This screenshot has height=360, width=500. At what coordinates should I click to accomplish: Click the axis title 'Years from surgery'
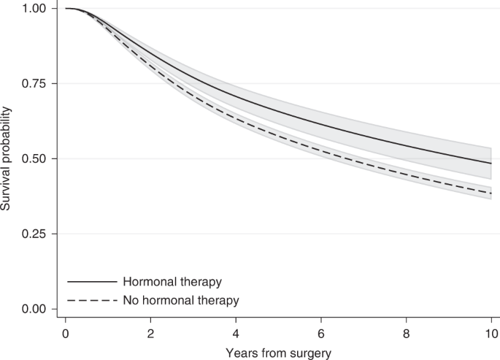coord(278,352)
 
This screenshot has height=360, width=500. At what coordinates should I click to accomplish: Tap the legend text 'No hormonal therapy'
coord(180,300)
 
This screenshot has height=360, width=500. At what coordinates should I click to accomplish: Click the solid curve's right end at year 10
coord(491,163)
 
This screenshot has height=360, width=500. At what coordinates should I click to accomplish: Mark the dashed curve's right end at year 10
coord(491,194)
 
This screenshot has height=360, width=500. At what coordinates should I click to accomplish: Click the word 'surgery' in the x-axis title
coord(310,352)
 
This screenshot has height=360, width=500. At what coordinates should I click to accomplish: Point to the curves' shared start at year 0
coord(66,9)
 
